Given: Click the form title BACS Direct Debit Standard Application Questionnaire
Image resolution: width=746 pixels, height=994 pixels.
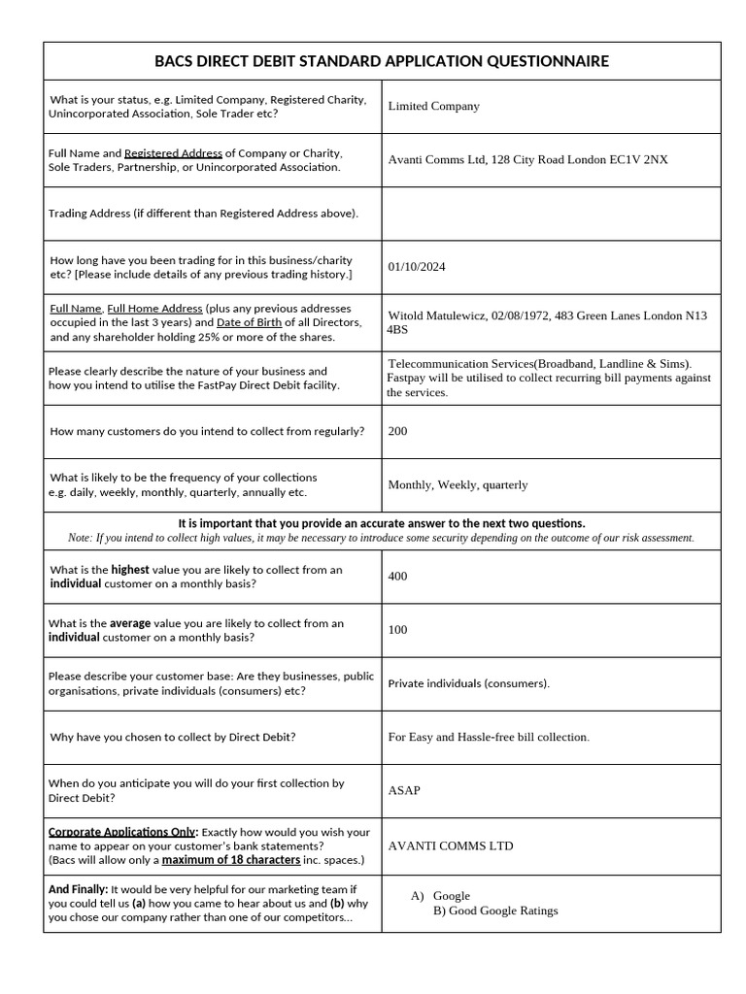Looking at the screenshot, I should (382, 61).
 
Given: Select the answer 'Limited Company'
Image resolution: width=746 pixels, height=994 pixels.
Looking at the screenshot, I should (433, 106).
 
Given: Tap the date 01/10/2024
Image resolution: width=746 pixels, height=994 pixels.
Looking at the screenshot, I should (417, 267).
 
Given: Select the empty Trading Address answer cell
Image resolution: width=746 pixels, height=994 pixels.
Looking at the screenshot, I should (551, 214).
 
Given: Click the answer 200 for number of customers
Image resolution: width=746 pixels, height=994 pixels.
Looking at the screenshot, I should (397, 431).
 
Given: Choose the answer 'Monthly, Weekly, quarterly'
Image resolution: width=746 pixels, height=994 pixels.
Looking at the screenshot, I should (458, 484).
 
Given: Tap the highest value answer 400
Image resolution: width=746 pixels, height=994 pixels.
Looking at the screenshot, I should (397, 577).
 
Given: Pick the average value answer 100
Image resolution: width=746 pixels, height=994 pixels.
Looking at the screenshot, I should (397, 630).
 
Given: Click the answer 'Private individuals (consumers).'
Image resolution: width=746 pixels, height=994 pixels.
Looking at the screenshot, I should (468, 683).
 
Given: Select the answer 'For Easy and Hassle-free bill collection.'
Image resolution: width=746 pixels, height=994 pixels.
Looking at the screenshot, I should (489, 737).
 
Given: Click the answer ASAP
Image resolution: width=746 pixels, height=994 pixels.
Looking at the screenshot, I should (404, 790).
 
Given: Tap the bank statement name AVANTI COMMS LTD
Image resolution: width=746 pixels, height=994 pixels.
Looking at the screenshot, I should (451, 845).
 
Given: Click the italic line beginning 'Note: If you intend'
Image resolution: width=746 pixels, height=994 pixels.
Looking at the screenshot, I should (382, 538).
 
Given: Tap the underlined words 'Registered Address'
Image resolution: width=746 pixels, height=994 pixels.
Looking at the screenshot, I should (174, 153).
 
